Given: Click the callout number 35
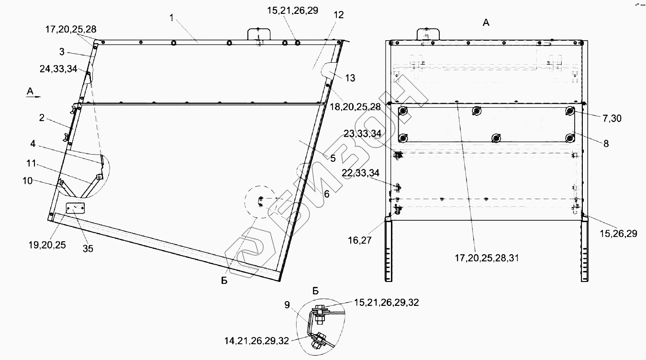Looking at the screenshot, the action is pyautogui.click(x=88, y=248).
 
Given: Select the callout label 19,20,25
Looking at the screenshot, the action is pyautogui.click(x=47, y=245).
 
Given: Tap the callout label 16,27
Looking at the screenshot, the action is pyautogui.click(x=360, y=240).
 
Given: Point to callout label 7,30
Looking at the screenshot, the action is pyautogui.click(x=612, y=118).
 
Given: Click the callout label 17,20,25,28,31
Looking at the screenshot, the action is pyautogui.click(x=487, y=258).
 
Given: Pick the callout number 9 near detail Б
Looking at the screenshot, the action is pyautogui.click(x=287, y=304).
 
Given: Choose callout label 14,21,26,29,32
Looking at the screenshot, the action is pyautogui.click(x=256, y=341).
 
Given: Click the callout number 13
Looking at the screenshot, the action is pyautogui.click(x=350, y=78).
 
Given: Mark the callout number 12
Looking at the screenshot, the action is pyautogui.click(x=339, y=15).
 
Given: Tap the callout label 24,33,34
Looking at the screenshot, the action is pyautogui.click(x=58, y=68).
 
